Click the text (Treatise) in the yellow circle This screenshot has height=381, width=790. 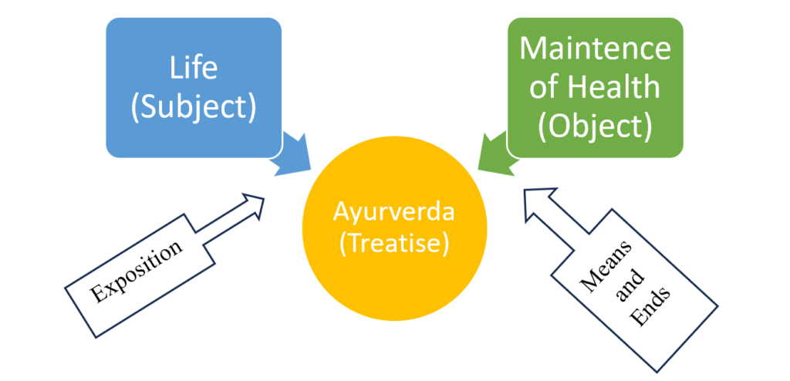pos(393,244)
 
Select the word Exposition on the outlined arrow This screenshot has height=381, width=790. pos(137,271)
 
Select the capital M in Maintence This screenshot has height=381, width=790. pos(534,48)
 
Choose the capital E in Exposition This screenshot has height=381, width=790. pos(100,295)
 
